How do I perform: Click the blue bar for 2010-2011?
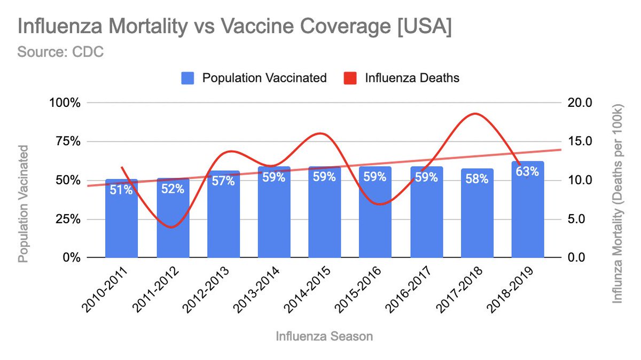(x=121, y=224)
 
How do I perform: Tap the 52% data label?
(x=173, y=189)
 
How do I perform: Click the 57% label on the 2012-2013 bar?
(x=223, y=181)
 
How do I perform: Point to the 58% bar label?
(x=476, y=179)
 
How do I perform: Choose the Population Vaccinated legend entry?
(x=254, y=77)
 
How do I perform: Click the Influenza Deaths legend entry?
(x=401, y=77)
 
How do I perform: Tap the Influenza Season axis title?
(x=324, y=336)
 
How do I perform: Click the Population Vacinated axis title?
(x=23, y=206)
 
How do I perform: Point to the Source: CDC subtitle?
(x=60, y=52)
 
